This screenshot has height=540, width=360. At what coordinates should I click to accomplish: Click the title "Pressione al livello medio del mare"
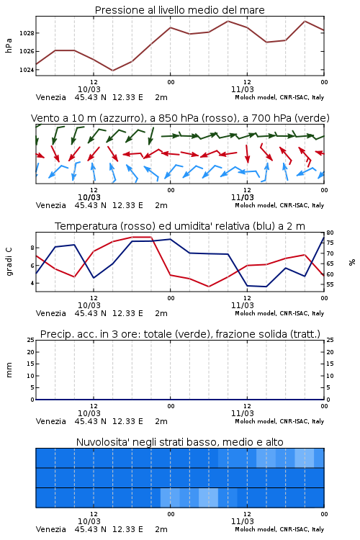click(x=179, y=10)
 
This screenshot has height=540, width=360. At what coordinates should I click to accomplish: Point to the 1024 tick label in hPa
click(x=27, y=70)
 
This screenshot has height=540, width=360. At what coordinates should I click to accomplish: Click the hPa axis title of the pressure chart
click(x=9, y=46)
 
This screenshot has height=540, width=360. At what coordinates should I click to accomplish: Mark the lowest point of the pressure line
click(x=112, y=71)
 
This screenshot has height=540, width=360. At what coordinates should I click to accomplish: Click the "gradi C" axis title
click(x=9, y=262)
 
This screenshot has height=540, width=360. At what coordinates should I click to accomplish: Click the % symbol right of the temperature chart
click(x=352, y=262)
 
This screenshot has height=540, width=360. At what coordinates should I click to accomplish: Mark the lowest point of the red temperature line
click(x=209, y=287)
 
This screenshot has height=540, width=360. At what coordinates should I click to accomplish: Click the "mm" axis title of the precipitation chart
click(x=9, y=370)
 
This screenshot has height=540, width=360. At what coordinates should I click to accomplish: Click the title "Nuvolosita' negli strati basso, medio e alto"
click(x=179, y=442)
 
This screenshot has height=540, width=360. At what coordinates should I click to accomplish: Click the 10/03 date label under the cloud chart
click(x=89, y=521)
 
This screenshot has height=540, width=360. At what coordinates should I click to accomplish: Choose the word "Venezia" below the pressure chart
click(x=50, y=97)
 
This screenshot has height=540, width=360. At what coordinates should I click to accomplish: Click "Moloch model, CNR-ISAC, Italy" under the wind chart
click(x=279, y=205)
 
